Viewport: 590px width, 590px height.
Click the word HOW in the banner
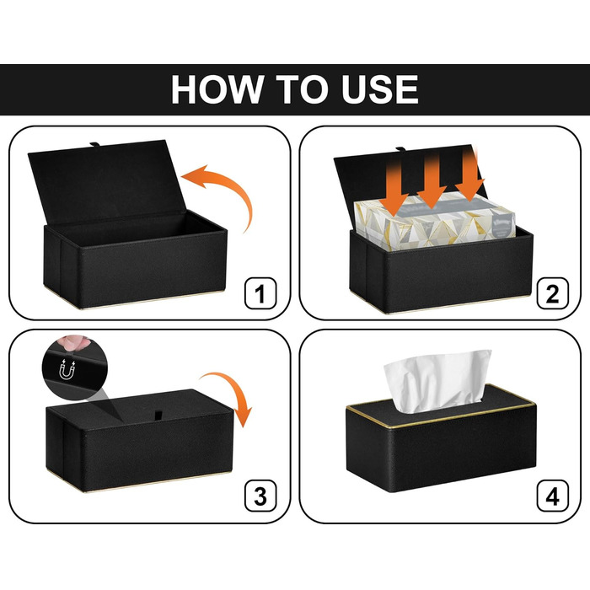[x=217, y=89]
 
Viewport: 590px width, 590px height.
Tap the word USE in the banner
[x=380, y=89]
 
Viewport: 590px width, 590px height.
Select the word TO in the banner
[x=302, y=89]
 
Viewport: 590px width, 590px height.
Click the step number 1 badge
[x=260, y=293]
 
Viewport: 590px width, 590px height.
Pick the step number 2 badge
[x=552, y=293]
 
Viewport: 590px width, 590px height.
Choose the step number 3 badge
[x=260, y=496]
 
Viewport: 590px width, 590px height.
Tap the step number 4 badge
[x=552, y=496]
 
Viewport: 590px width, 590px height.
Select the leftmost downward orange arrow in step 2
[x=394, y=188]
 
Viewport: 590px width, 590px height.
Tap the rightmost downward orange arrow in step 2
[x=469, y=177]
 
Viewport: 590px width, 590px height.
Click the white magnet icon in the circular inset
[x=67, y=369]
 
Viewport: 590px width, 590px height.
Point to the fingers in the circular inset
[x=75, y=342]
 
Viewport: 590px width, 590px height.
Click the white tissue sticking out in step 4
[x=437, y=380]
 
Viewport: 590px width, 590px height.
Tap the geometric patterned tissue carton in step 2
[x=435, y=222]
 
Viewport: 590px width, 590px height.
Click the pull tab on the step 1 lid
[x=94, y=144]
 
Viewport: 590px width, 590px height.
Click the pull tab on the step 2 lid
[x=401, y=149]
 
